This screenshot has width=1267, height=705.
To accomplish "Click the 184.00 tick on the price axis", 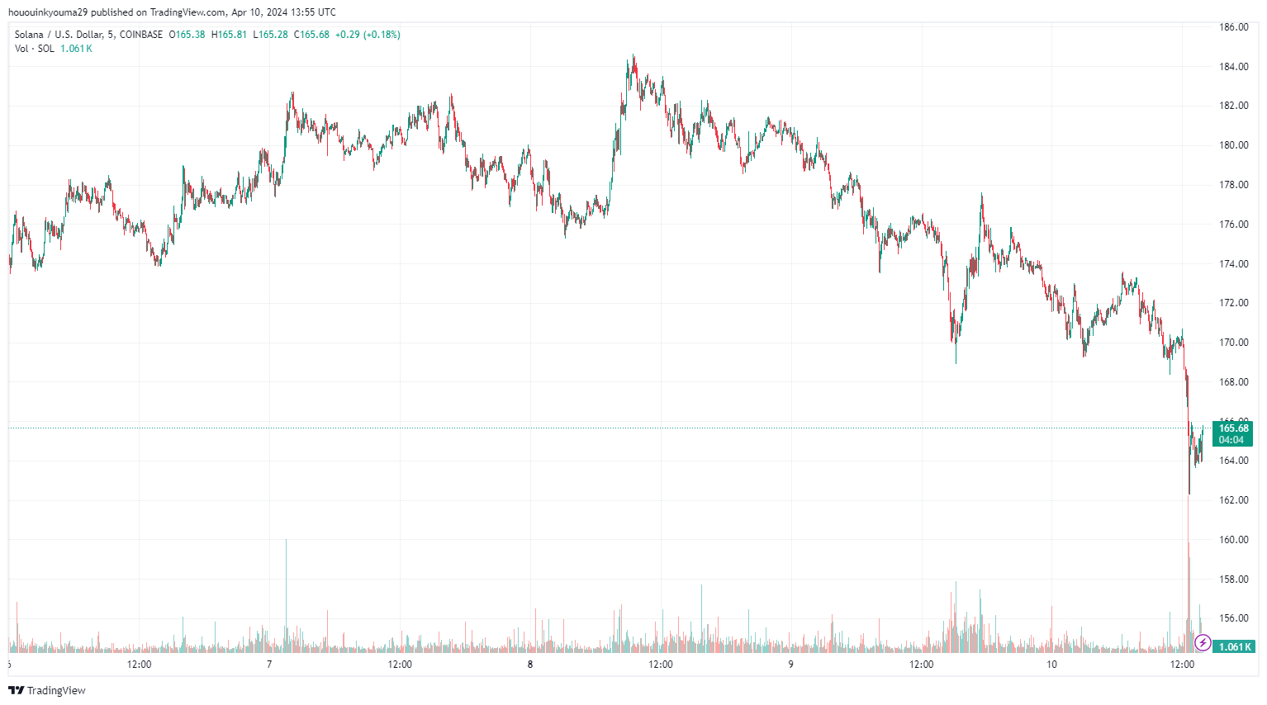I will tap(1234, 67).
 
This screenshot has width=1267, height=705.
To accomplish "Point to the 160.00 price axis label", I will tap(1234, 540).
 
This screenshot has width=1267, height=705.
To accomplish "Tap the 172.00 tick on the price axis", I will tap(1234, 303).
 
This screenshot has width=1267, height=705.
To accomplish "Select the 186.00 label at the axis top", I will tap(1234, 27).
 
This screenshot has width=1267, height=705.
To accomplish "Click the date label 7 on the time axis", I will tap(269, 665).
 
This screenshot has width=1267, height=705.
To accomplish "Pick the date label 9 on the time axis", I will tap(790, 665).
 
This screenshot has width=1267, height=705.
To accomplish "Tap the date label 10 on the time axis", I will tap(1051, 665).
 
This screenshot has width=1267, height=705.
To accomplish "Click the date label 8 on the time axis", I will tap(530, 665).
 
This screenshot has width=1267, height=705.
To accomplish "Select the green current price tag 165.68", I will tap(1233, 428).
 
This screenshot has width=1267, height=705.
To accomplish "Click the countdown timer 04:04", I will tap(1231, 440).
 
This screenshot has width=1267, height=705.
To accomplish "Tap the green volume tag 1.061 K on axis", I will tap(1234, 647).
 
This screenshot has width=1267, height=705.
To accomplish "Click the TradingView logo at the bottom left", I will tap(47, 690).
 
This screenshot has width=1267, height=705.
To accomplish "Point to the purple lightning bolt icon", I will tap(1203, 642).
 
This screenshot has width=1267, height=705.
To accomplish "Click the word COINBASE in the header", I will tap(141, 35).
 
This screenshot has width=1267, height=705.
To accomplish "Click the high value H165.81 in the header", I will tap(229, 35).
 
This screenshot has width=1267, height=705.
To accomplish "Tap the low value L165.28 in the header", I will tap(270, 35).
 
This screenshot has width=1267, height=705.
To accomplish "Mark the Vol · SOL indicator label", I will tap(35, 49).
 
